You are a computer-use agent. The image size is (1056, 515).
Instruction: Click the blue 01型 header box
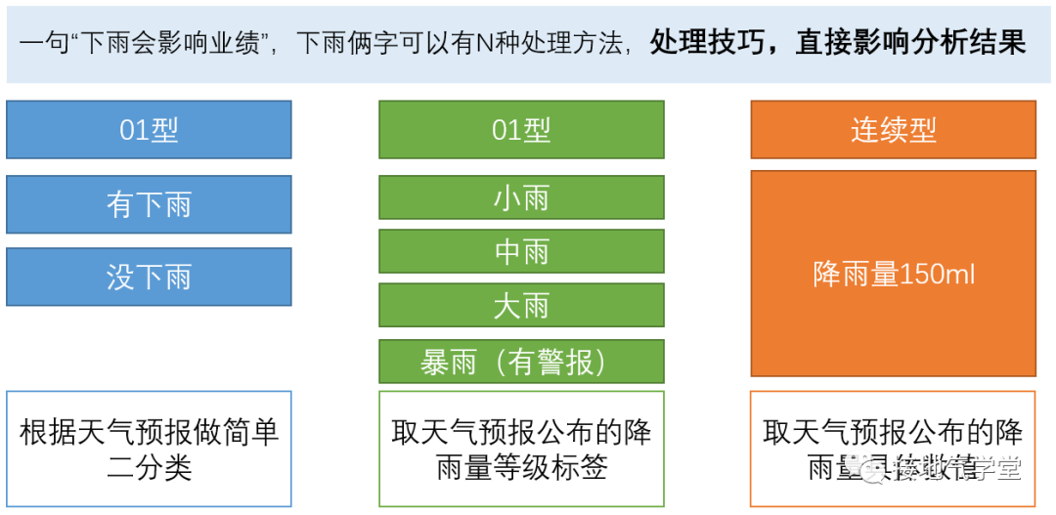tap(149, 130)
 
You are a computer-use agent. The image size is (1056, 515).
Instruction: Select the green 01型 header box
tap(521, 130)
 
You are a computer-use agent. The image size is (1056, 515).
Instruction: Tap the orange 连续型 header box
tap(893, 130)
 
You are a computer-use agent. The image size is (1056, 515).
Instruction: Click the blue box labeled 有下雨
tap(149, 204)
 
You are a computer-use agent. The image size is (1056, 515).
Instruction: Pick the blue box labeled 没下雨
tap(149, 277)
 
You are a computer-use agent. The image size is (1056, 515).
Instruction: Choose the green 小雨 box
tap(521, 198)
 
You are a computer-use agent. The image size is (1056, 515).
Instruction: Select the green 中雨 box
tap(521, 252)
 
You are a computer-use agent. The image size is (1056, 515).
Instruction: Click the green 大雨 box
tap(521, 306)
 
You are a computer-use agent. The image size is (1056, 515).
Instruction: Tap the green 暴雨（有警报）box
tap(521, 362)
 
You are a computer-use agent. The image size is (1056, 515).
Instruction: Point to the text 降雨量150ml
tap(893, 275)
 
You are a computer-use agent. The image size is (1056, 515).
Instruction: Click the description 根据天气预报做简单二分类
tap(149, 450)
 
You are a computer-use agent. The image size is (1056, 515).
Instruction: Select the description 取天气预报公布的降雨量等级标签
tap(521, 450)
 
